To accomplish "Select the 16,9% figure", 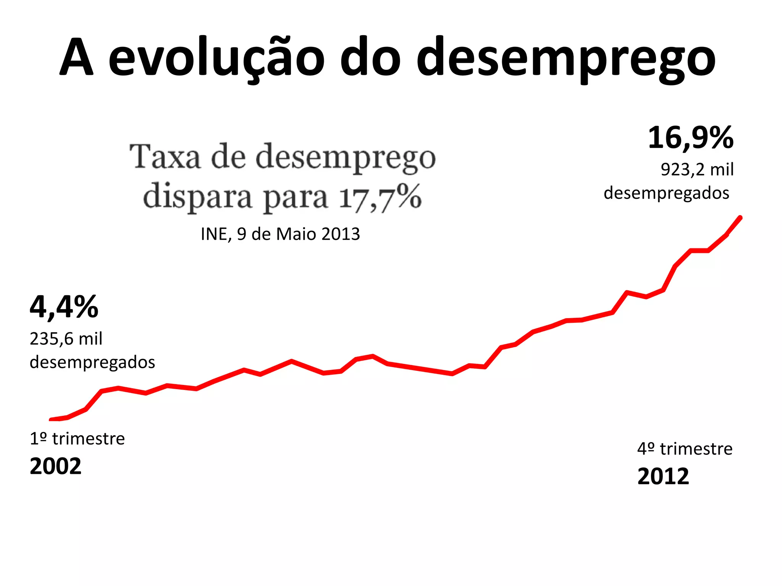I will click(690, 138).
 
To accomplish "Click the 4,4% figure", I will click(64, 307).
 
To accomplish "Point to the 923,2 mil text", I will click(697, 169).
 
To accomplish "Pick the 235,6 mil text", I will click(66, 339).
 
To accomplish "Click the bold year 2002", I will click(56, 466).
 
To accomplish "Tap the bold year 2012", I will click(663, 477).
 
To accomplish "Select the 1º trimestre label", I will click(77, 439).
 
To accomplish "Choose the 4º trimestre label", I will click(685, 449).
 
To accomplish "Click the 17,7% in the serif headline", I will click(380, 197).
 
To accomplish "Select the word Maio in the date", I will click(296, 234).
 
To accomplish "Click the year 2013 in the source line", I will click(341, 234).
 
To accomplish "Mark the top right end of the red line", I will click(740, 218).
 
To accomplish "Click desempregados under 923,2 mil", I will click(666, 193).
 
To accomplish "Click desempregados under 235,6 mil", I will click(92, 362).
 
